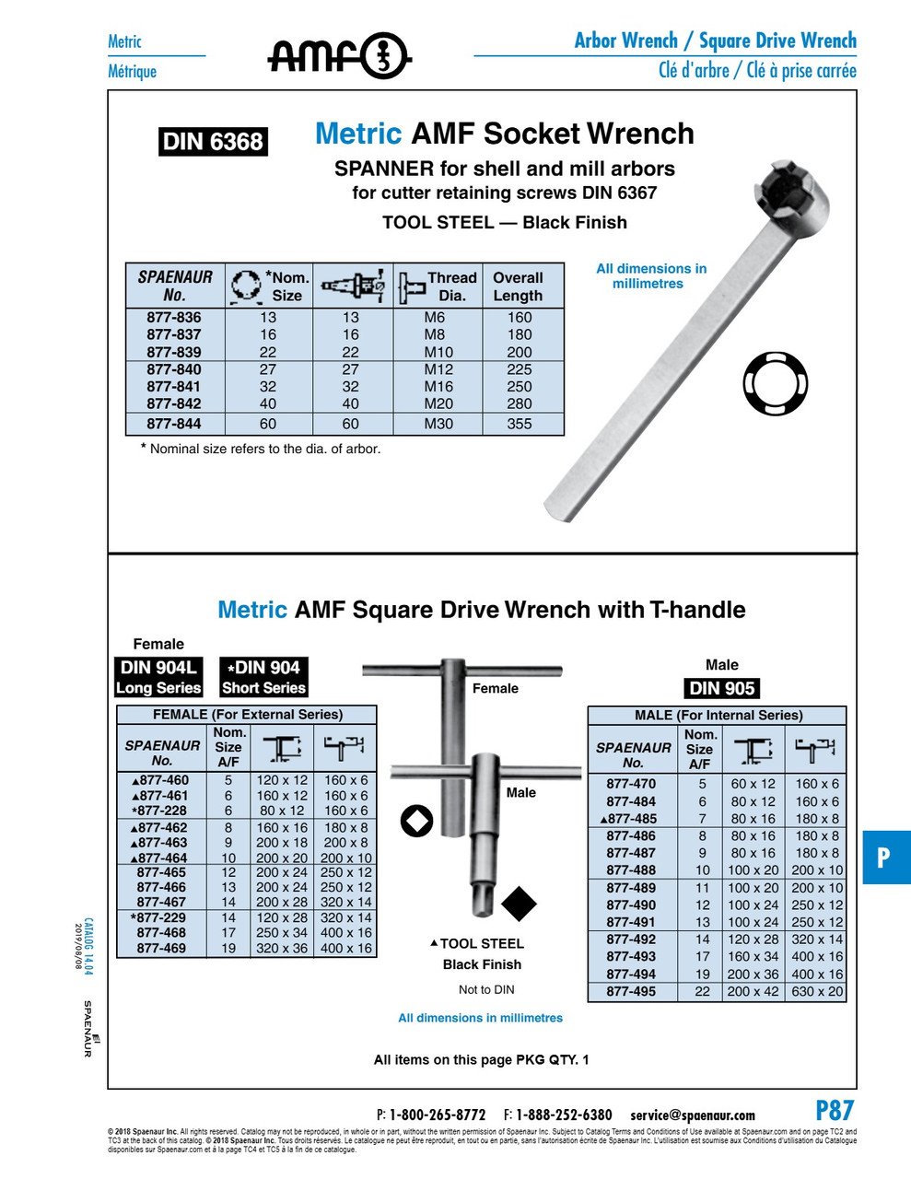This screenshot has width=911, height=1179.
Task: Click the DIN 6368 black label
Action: coord(213,142)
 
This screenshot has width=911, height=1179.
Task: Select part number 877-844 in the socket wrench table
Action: coord(174,424)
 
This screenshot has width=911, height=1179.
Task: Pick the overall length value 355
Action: coord(520,424)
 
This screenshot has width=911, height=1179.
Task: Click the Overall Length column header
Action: coord(518,286)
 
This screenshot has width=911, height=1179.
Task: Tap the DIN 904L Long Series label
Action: coord(158,677)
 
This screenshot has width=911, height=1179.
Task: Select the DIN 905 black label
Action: coord(722,688)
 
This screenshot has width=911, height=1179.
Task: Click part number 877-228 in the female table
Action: coord(159,811)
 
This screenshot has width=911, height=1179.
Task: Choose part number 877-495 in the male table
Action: coord(631,991)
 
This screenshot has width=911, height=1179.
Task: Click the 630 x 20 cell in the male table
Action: coord(817,991)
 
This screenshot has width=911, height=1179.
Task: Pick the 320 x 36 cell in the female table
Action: coord(282,948)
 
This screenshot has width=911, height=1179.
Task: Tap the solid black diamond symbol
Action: coord(519,904)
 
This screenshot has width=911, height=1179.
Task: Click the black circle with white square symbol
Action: coord(416,820)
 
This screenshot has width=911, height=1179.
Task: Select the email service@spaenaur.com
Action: coord(693,1115)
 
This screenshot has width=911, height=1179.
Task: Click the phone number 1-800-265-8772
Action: coord(437,1115)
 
